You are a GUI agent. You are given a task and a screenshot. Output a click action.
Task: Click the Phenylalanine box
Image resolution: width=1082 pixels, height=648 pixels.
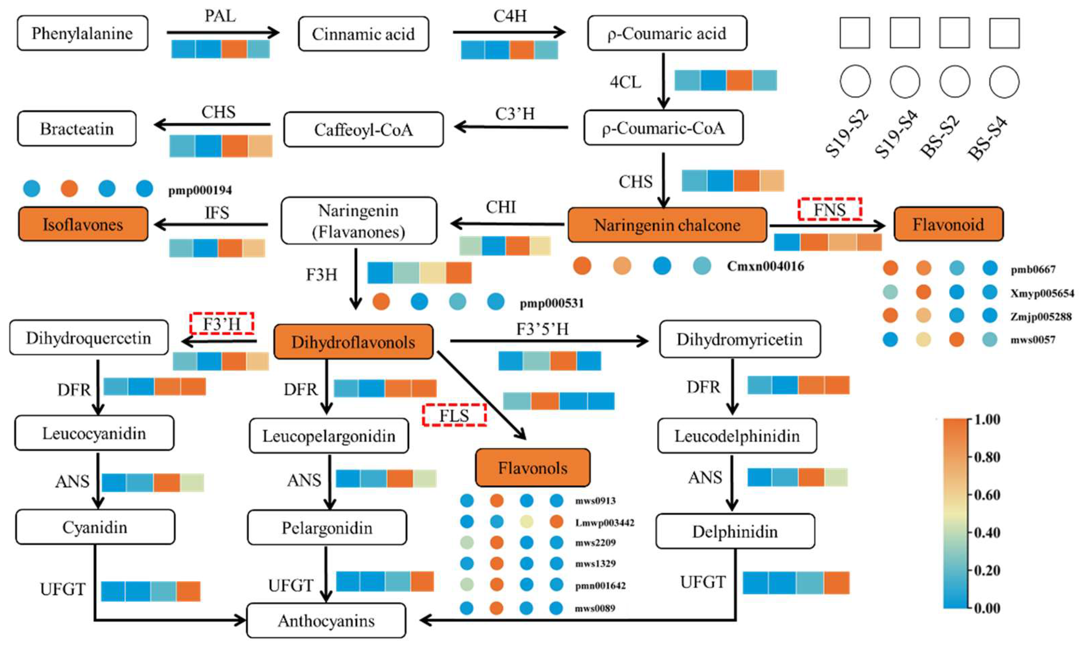(82, 33)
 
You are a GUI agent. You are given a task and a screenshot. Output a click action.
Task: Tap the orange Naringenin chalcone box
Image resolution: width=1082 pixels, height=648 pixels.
(667, 225)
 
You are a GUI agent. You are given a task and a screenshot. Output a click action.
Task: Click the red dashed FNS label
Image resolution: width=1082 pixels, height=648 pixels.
(829, 209)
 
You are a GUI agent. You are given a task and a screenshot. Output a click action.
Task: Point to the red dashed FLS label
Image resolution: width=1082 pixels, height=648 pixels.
(454, 415)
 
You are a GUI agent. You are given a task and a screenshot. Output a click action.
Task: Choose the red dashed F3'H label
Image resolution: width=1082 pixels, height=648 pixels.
(222, 324)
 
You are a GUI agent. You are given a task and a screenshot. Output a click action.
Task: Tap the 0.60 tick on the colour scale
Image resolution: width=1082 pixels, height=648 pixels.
(987, 495)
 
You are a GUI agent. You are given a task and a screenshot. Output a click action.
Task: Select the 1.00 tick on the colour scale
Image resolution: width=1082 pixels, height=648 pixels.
(987, 420)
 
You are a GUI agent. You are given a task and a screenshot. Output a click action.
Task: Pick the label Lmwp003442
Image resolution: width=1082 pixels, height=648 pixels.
(604, 522)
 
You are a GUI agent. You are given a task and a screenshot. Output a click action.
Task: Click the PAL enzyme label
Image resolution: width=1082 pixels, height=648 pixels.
(220, 16)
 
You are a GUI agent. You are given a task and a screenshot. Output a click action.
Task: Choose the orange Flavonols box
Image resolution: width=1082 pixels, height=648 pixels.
(532, 468)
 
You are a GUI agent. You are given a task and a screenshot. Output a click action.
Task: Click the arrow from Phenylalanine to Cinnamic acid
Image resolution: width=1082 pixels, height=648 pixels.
(222, 32)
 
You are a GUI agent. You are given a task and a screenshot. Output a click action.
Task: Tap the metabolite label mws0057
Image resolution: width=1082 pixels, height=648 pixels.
(1033, 340)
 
